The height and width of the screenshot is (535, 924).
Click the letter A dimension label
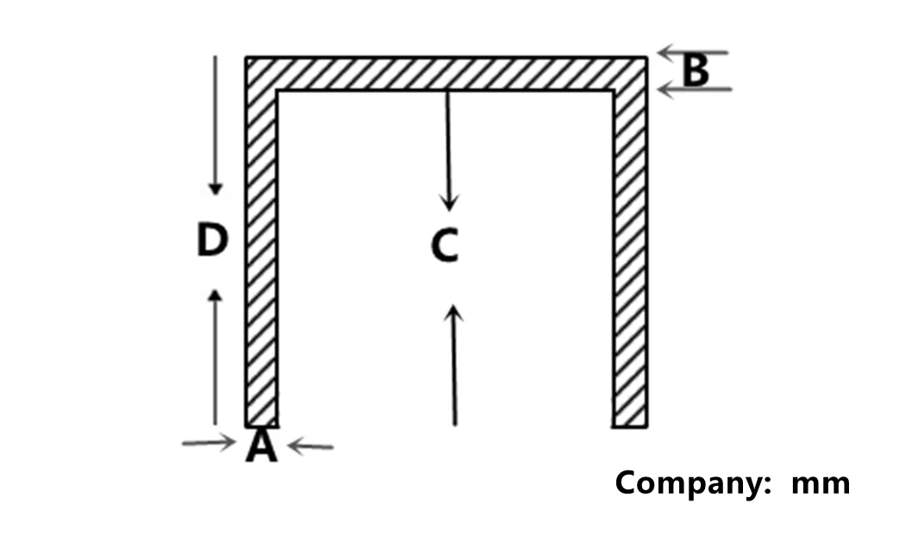(261, 446)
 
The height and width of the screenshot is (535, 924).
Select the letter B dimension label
(695, 72)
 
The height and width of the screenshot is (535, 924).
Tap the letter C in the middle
(445, 246)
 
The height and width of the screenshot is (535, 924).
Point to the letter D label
(212, 240)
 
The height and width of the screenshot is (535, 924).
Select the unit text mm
(820, 483)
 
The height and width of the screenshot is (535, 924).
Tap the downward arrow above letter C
(446, 151)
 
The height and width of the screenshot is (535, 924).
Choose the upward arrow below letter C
(454, 366)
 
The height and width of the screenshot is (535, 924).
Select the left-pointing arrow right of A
(310, 446)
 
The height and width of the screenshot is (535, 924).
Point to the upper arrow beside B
(693, 53)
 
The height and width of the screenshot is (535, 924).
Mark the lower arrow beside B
(695, 89)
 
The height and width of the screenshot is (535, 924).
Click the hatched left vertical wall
(261, 258)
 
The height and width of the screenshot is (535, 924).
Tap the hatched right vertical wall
(629, 258)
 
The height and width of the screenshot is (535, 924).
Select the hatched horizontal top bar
(446, 73)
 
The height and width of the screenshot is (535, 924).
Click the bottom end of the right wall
(629, 424)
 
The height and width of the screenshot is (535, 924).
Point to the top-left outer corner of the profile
(247, 59)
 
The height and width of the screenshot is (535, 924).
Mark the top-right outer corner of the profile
(646, 59)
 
